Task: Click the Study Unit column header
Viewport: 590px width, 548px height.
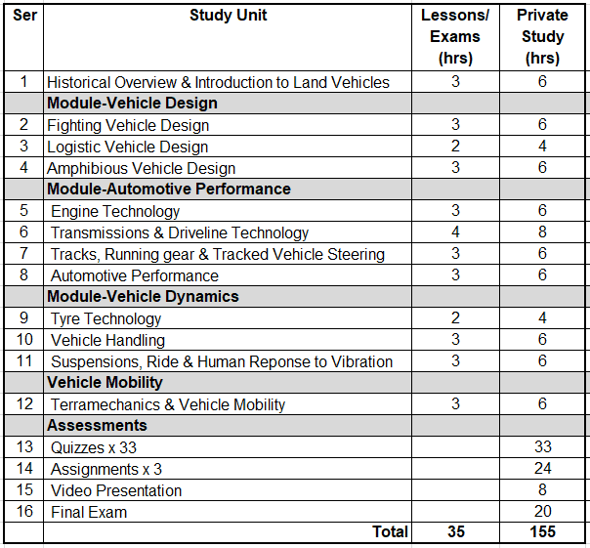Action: tap(228, 16)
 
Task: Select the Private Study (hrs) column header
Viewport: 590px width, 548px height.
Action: tap(542, 37)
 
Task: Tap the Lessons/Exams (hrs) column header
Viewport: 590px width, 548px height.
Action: tap(455, 37)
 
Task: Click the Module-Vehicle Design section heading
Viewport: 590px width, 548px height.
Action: tap(132, 103)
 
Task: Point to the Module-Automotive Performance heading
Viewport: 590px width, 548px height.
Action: tap(169, 189)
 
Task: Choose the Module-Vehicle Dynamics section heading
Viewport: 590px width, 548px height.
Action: tap(143, 296)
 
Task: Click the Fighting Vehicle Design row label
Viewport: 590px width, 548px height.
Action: tap(128, 125)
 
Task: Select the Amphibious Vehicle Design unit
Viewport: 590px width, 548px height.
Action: tap(142, 168)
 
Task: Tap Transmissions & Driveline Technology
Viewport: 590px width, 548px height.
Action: tap(180, 232)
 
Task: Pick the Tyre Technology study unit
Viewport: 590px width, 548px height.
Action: tap(106, 318)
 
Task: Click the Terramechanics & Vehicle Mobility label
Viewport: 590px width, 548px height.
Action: tap(168, 404)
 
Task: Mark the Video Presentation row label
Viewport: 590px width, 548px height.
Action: tap(116, 490)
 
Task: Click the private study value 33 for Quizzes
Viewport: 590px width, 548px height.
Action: tap(542, 447)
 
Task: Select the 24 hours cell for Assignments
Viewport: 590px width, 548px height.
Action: tap(542, 469)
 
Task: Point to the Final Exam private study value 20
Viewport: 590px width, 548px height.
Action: tap(542, 512)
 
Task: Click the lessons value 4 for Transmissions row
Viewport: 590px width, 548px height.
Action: tap(455, 232)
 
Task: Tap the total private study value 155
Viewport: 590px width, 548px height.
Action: tap(542, 532)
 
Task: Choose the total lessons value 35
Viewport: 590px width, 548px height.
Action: tap(455, 532)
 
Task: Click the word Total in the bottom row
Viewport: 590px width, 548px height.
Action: tap(390, 532)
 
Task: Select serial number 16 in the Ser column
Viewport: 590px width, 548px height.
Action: tap(24, 512)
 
